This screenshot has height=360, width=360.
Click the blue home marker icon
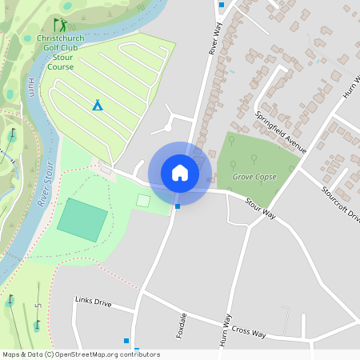coord(179,172)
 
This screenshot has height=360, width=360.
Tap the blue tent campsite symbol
coord(98,105)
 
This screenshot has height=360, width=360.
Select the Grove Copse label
coord(254,176)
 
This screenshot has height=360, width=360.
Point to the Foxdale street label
coord(180,325)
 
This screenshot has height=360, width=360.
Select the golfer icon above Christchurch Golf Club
coord(59,26)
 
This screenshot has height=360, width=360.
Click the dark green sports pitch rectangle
coord(82,220)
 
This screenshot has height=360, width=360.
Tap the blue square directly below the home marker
coord(178,206)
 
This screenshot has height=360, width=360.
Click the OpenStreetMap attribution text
coord(81,354)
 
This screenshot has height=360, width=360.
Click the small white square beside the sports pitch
coord(143,200)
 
